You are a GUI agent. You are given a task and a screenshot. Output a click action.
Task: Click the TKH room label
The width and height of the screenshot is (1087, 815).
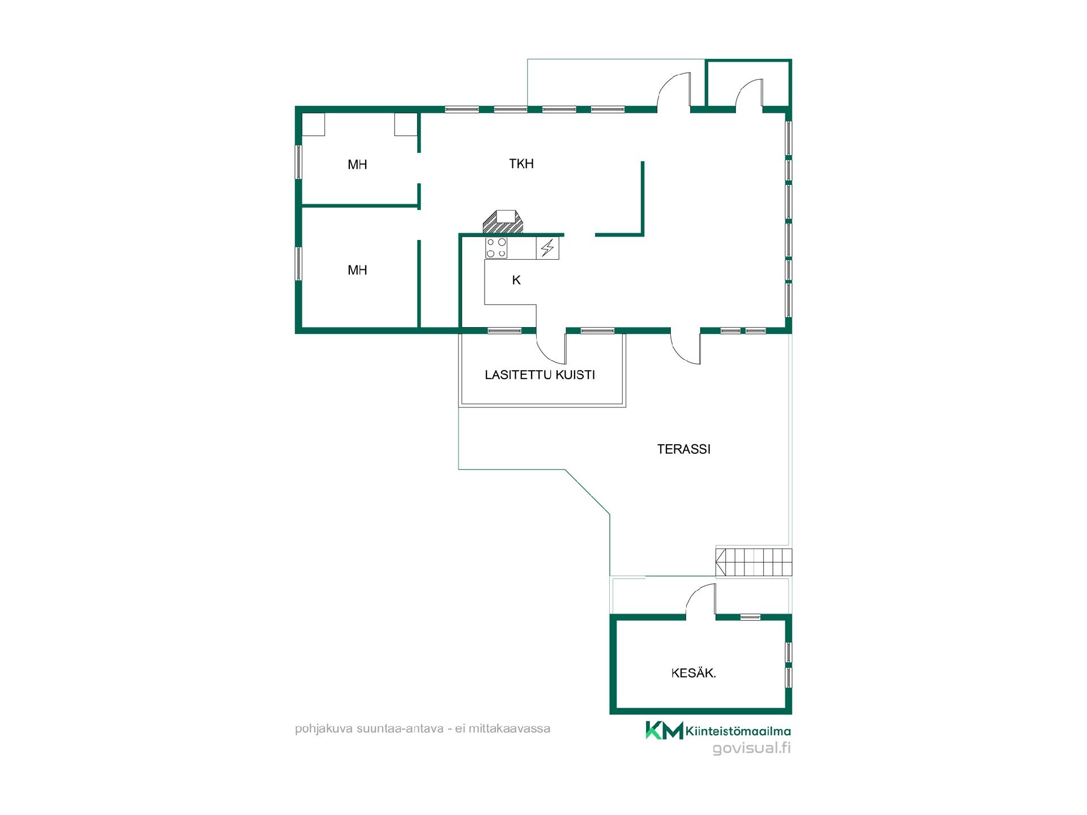point(521,164)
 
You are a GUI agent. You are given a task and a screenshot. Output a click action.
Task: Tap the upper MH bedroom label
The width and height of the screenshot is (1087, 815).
point(357,165)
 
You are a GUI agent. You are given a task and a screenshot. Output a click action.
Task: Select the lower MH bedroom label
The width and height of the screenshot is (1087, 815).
point(357,270)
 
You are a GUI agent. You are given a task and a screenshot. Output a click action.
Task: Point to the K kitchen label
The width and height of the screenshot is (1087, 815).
point(516,280)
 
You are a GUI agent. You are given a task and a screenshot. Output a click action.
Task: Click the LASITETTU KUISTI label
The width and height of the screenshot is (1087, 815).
point(540,375)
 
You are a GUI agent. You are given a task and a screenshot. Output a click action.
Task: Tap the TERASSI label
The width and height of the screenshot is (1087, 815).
point(684,449)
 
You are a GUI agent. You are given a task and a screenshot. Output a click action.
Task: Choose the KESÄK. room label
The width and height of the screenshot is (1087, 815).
point(694,673)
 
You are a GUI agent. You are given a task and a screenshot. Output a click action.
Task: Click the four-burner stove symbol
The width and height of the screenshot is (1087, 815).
point(496,248)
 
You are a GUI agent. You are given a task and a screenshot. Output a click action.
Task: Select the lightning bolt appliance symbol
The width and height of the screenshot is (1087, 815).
point(547,248)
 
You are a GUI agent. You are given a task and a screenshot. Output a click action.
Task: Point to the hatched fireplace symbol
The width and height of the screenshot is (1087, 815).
point(503,221)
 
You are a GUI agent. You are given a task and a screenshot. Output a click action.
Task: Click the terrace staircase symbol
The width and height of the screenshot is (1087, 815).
point(754,562)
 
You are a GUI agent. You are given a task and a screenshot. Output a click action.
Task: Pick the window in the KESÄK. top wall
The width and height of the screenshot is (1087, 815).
point(751,617)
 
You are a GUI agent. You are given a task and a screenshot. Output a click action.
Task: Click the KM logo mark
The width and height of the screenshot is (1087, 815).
point(665,730)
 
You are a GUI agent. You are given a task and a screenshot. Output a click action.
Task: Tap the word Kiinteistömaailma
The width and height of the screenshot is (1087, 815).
point(738,731)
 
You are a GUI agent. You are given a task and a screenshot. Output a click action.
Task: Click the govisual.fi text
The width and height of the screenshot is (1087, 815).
point(752,748)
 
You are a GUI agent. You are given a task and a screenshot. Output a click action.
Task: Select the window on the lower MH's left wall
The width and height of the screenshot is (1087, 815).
point(298,264)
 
